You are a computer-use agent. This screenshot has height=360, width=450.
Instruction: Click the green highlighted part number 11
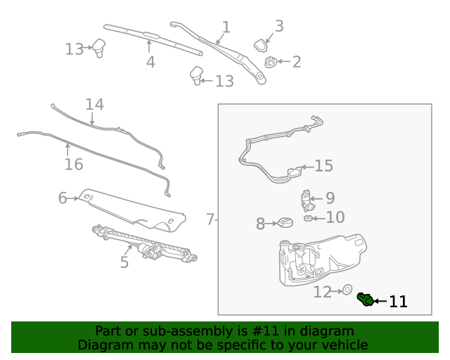tap(365, 300)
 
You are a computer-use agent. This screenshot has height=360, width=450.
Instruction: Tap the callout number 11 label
tap(398, 302)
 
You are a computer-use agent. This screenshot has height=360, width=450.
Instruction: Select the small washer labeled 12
tap(346, 290)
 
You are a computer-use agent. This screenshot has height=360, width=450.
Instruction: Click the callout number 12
tap(322, 292)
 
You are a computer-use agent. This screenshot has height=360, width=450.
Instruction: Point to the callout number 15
tap(323, 167)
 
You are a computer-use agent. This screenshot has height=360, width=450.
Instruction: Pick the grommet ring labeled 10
tap(308, 219)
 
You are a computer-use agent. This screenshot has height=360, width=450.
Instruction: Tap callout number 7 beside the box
tap(210, 220)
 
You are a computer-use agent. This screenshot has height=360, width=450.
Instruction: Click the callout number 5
tap(124, 262)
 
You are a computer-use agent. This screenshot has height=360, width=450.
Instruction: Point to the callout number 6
tap(62, 198)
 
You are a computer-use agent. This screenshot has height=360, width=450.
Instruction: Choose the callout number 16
tap(74, 165)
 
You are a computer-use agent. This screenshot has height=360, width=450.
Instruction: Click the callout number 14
tap(94, 105)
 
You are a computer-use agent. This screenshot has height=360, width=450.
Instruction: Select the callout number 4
tap(150, 62)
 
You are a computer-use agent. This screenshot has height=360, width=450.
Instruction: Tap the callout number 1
tap(226, 27)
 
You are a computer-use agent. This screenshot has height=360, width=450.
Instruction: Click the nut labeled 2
tap(270, 63)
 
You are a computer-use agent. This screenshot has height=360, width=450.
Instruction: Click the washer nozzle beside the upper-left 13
tap(99, 49)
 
